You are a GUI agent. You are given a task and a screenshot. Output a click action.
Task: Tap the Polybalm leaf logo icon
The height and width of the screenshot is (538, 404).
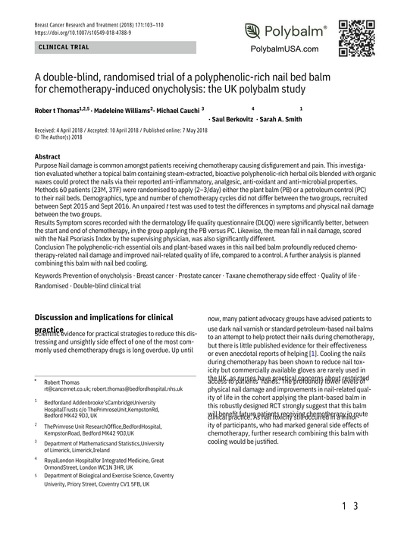click(253, 32)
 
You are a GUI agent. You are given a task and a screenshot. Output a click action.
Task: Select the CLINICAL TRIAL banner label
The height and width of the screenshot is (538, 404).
click(58, 47)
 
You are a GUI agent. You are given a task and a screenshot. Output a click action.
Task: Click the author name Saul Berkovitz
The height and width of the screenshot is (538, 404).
click(233, 120)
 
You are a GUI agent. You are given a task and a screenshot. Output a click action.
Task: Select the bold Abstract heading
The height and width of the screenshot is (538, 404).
click(49, 156)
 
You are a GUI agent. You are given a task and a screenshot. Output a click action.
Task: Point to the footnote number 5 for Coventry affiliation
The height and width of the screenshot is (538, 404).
click(36, 476)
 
